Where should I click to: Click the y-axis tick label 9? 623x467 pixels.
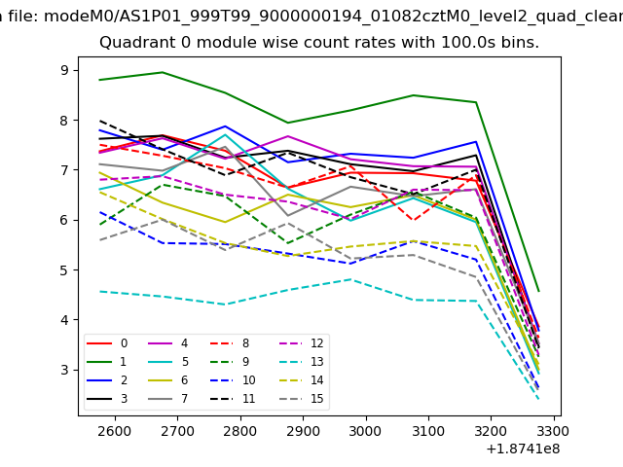[x=65, y=70]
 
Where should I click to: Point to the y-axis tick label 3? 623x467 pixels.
[x=65, y=370]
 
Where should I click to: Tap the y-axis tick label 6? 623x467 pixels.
[x=65, y=220]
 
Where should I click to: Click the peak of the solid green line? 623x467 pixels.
[x=163, y=72]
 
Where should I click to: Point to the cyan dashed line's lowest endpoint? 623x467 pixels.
[x=538, y=399]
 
